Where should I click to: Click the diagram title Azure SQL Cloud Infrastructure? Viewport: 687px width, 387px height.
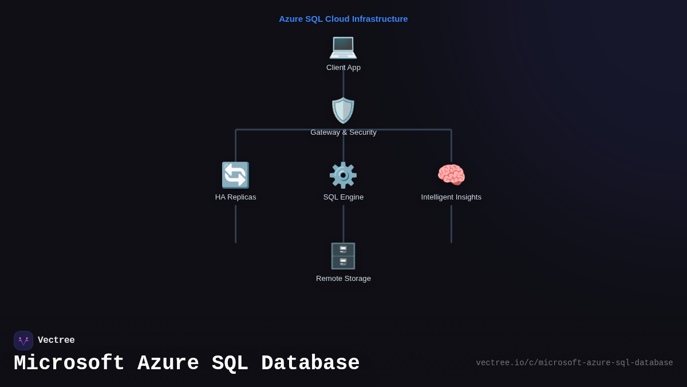click(343, 19)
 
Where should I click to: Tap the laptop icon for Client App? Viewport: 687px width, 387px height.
click(343, 46)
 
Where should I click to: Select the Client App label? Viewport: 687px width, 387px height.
click(343, 68)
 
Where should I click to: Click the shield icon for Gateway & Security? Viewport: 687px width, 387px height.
click(343, 110)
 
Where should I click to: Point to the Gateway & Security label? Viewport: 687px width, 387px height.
click(343, 132)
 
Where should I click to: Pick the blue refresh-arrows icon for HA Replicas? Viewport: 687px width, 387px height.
click(235, 175)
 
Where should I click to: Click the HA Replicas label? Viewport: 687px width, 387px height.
click(235, 197)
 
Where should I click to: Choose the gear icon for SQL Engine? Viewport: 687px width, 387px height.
click(343, 175)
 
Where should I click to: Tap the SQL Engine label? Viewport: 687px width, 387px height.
click(343, 197)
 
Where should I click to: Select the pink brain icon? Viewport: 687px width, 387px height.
click(451, 175)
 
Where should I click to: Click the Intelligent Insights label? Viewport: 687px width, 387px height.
click(451, 197)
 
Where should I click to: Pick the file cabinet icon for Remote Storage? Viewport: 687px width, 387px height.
click(343, 256)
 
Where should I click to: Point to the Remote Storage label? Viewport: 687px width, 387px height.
click(343, 279)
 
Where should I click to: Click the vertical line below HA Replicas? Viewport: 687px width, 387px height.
click(235, 224)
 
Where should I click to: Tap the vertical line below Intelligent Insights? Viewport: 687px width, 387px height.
click(451, 224)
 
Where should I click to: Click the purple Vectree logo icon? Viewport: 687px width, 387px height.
click(23, 341)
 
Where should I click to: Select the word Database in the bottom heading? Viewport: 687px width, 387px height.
click(310, 363)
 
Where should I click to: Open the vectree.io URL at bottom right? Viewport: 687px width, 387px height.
click(574, 363)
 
